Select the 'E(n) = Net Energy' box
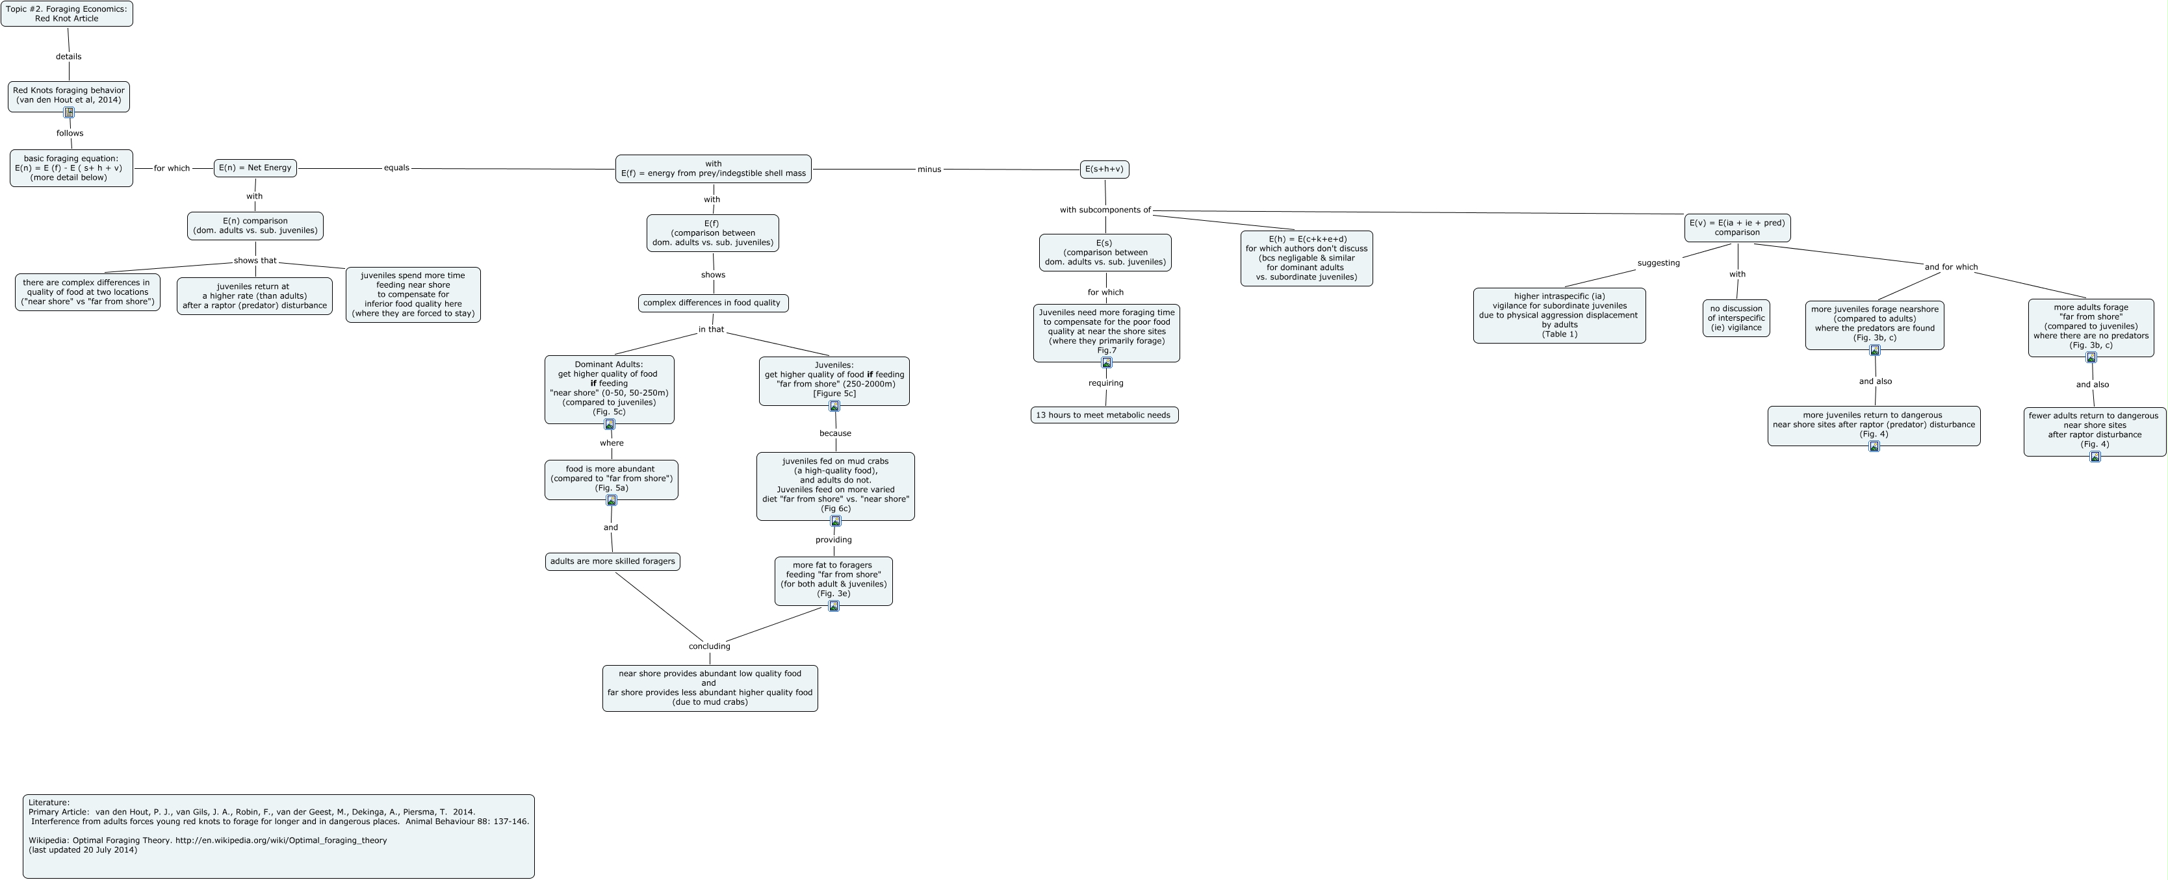[255, 168]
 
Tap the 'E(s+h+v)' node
[1104, 169]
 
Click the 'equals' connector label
[396, 168]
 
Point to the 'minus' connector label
[929, 169]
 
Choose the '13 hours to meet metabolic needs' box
[1103, 415]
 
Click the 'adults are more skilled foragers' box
[613, 561]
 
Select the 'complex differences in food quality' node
[712, 303]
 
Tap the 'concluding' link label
[710, 646]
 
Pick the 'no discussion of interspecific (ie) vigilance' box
[1736, 318]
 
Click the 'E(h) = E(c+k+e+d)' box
[1306, 258]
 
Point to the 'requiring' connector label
[1106, 383]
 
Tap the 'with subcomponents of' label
[1105, 210]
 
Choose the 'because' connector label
[835, 433]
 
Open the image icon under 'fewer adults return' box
[2095, 457]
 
